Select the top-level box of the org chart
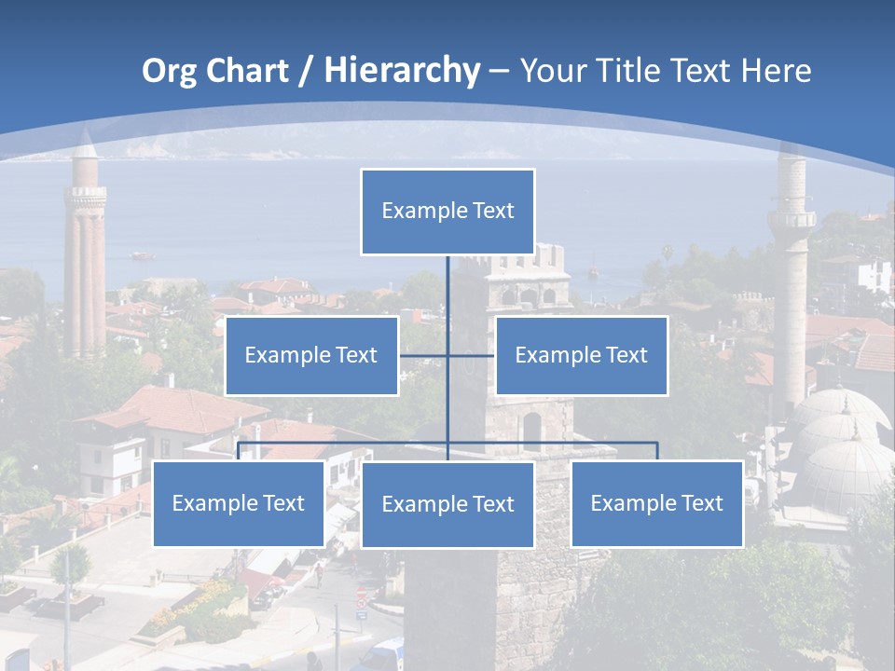coord(447,212)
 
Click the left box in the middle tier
coord(311,355)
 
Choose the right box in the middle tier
coord(581,355)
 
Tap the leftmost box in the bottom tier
coord(239,504)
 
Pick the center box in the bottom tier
coord(447,505)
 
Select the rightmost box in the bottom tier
coord(656,504)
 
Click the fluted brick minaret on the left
coord(85,252)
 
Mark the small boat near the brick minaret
coord(142,254)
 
